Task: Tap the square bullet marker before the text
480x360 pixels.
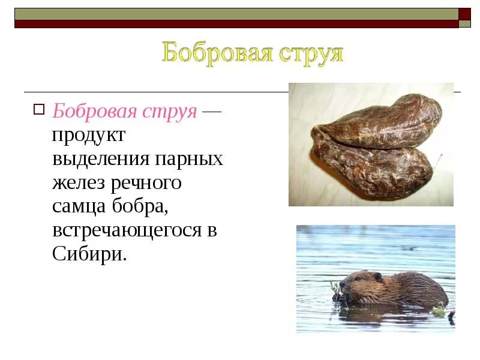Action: tap(38, 110)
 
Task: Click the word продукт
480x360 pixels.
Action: tap(88, 136)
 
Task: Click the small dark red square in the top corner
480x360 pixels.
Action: tap(464, 13)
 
